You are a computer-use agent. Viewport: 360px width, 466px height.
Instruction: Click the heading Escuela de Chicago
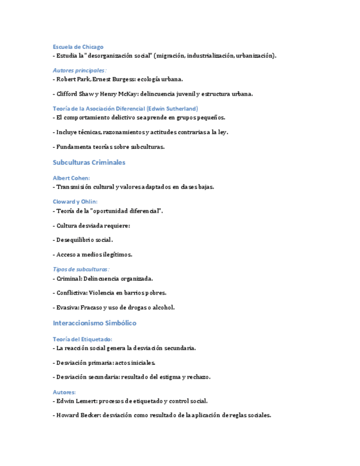(77, 47)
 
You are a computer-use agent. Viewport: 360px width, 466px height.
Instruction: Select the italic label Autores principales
(79, 70)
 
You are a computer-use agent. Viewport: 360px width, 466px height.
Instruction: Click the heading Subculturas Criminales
(89, 163)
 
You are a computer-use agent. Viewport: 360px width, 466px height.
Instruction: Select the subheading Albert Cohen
(71, 178)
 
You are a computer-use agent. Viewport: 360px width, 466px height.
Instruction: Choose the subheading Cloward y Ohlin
(75, 202)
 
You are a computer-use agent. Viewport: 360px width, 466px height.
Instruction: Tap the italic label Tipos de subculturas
(80, 269)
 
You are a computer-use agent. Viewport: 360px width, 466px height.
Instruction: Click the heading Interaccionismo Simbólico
(95, 323)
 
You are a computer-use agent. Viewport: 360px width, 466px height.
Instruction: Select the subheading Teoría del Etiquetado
(82, 339)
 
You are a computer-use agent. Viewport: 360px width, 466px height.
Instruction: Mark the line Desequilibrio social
(84, 240)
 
